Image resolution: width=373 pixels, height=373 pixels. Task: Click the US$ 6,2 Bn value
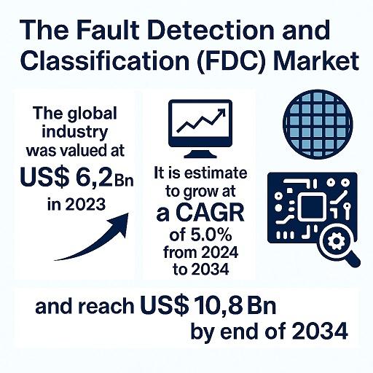pyautogui.click(x=76, y=178)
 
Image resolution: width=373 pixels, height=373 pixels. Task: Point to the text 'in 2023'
pyautogui.click(x=76, y=204)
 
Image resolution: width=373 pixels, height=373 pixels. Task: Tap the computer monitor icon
pyautogui.click(x=200, y=128)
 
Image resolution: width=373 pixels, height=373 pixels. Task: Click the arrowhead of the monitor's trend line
pyautogui.click(x=221, y=113)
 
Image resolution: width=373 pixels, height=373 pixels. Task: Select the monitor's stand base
pyautogui.click(x=200, y=154)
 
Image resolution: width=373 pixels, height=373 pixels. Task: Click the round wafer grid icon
pyautogui.click(x=318, y=125)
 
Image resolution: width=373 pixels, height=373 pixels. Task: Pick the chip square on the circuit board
pyautogui.click(x=312, y=207)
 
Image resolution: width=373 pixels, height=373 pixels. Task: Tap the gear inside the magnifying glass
pyautogui.click(x=336, y=241)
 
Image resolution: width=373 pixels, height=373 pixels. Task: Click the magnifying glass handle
pyautogui.click(x=352, y=259)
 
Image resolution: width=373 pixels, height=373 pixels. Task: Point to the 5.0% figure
pyautogui.click(x=211, y=235)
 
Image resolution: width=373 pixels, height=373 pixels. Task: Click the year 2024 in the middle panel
pyautogui.click(x=220, y=253)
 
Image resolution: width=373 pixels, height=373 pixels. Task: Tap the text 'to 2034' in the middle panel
pyautogui.click(x=201, y=269)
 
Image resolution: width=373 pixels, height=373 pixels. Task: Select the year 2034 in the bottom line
pyautogui.click(x=320, y=331)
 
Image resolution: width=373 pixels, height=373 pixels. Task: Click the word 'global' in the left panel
pyautogui.click(x=93, y=114)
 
